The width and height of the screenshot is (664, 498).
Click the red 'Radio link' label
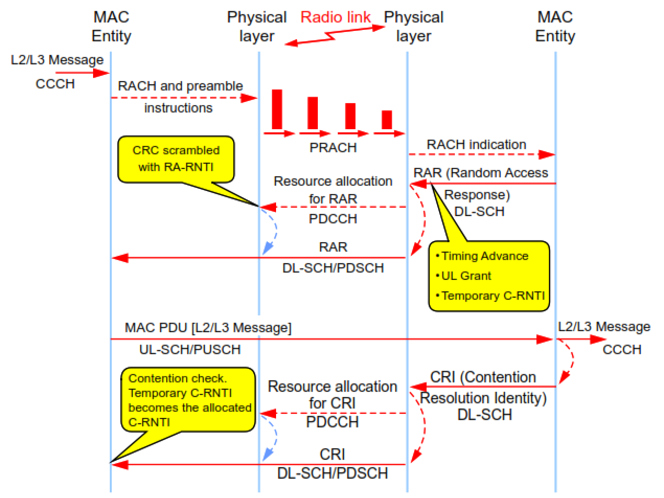pyautogui.click(x=335, y=17)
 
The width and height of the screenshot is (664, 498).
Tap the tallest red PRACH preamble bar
pyautogui.click(x=277, y=109)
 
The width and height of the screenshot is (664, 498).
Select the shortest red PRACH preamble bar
pyautogui.click(x=387, y=119)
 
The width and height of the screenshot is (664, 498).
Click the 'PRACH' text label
pyautogui.click(x=333, y=148)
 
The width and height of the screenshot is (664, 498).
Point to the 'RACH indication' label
pyautogui.click(x=476, y=145)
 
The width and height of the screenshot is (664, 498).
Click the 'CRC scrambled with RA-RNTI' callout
pyautogui.click(x=176, y=159)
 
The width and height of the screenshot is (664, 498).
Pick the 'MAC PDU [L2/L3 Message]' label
pyautogui.click(x=208, y=328)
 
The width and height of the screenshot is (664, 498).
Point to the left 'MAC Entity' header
pyautogui.click(x=111, y=27)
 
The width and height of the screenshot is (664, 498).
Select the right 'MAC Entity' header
pyautogui.click(x=555, y=27)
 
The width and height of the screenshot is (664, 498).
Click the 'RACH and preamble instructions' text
pyautogui.click(x=179, y=97)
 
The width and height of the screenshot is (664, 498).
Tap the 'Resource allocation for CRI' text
pyautogui.click(x=333, y=395)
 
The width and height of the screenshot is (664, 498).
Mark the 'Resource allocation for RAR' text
pyautogui.click(x=333, y=189)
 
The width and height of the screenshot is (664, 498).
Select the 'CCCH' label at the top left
pyautogui.click(x=55, y=84)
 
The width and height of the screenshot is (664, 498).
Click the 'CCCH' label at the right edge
pyautogui.click(x=622, y=349)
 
